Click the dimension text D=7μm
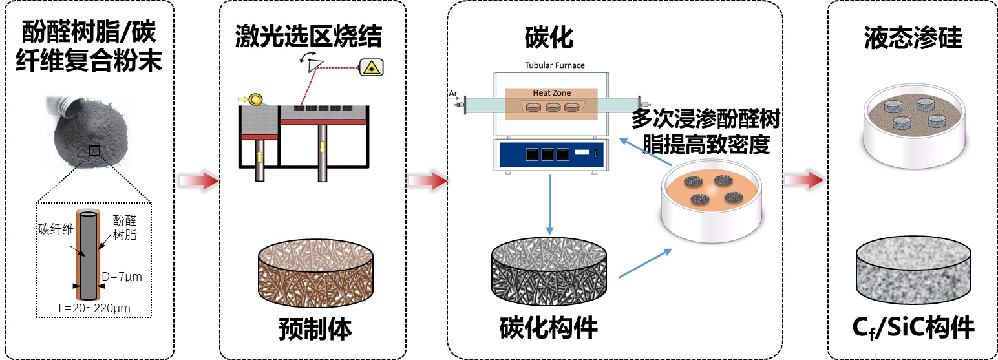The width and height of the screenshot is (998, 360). click(122, 277)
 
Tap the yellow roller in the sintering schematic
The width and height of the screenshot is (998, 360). click(255, 100)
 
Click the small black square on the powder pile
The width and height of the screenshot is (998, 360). click(95, 151)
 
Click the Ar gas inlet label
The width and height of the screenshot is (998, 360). click(453, 94)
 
